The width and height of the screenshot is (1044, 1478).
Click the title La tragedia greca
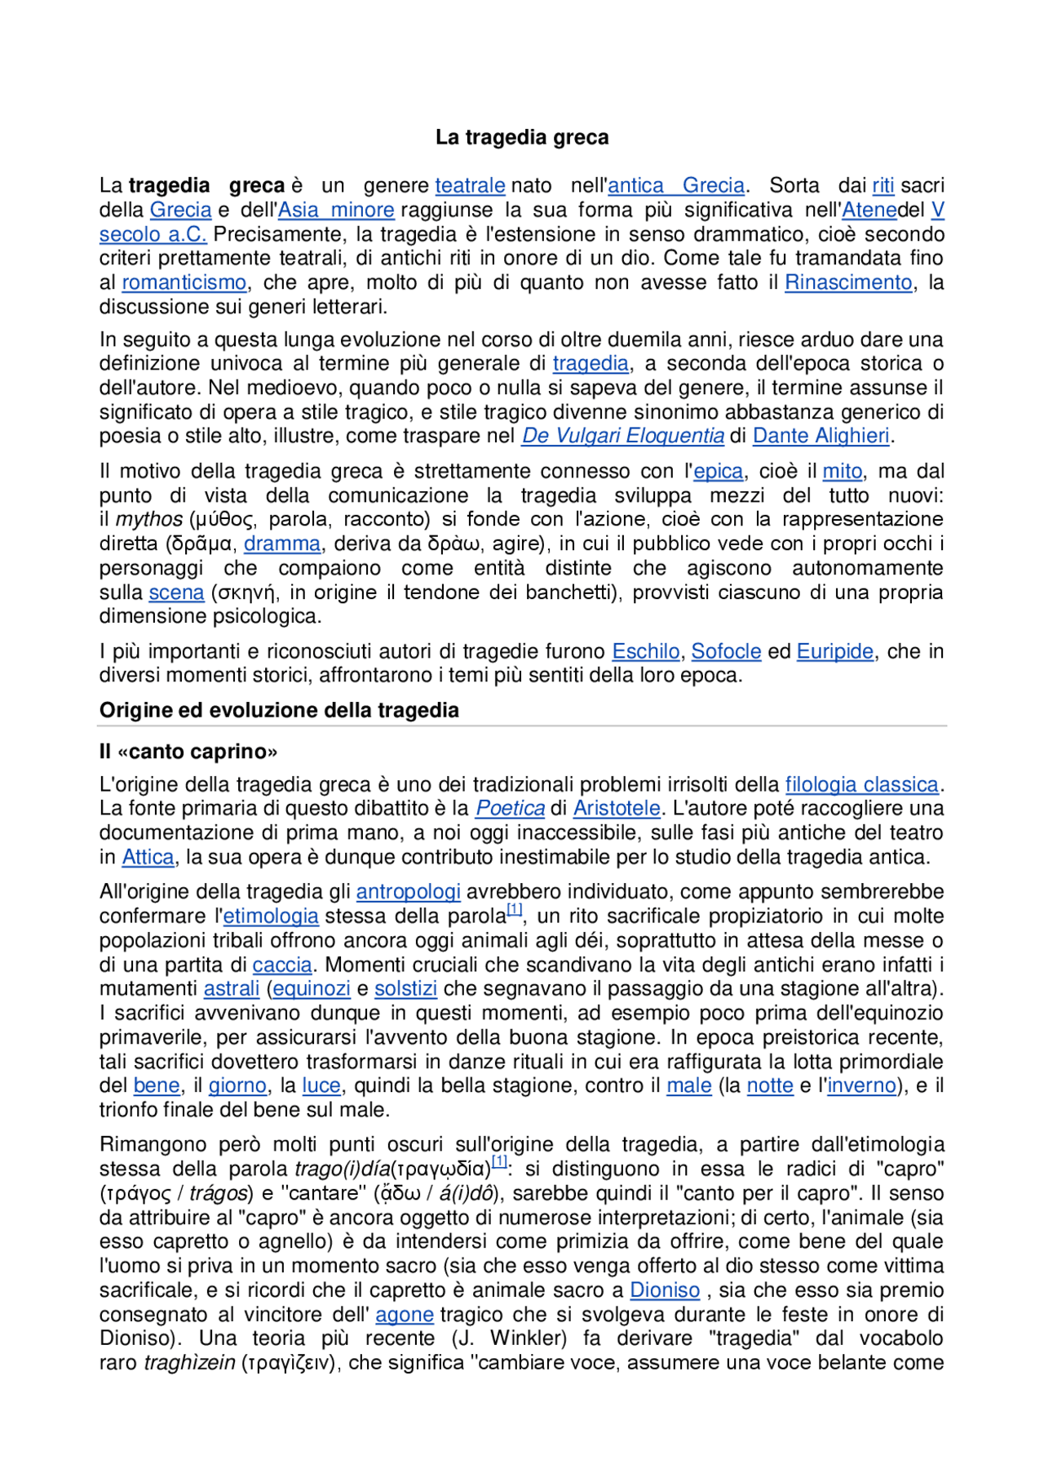(x=521, y=137)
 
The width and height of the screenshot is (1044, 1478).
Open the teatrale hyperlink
(x=470, y=186)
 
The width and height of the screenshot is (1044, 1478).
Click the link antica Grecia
(x=676, y=186)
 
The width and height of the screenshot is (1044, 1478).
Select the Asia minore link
(x=336, y=211)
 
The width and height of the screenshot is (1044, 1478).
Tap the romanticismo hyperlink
(x=184, y=283)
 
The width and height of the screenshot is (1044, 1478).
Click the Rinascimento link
(x=848, y=283)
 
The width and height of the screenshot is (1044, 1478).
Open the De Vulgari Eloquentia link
(x=622, y=437)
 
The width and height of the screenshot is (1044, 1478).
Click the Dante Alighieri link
(x=821, y=437)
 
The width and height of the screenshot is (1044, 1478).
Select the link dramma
(x=282, y=544)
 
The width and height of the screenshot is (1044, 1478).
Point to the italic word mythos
(x=149, y=520)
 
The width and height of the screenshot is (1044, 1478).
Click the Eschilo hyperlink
(x=645, y=652)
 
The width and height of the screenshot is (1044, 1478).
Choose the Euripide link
(x=834, y=652)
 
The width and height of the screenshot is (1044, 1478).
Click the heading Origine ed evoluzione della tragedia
(x=279, y=711)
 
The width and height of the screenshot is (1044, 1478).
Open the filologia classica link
(x=861, y=785)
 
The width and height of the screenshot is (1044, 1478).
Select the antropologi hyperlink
(x=408, y=892)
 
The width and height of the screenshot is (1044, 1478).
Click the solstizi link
(x=405, y=989)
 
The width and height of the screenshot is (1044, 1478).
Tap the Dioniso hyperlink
(x=665, y=1290)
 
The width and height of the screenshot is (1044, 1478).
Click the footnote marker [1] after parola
(x=514, y=909)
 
